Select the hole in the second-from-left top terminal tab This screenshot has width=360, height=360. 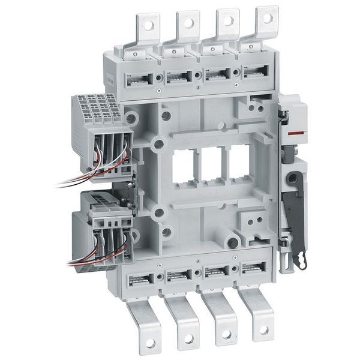click(x=188, y=23)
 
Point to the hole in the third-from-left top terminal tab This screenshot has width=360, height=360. click(x=228, y=20)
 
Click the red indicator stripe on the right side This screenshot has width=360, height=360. click(x=292, y=130)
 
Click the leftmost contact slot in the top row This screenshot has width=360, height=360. click(x=139, y=79)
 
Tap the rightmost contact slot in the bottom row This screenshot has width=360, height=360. click(x=255, y=269)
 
